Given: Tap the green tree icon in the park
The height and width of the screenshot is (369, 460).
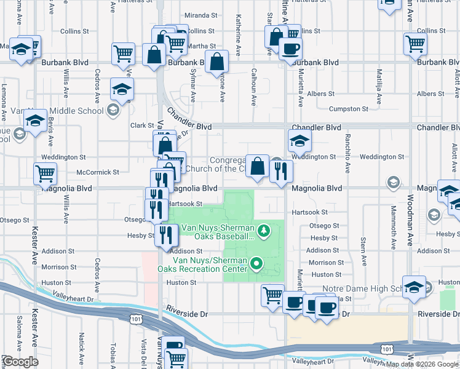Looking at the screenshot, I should (x=264, y=231).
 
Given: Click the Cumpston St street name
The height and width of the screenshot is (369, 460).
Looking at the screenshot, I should (x=348, y=109).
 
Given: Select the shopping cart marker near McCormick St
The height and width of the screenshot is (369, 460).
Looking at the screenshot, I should (x=46, y=173).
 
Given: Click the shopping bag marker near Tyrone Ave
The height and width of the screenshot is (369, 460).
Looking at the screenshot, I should (x=217, y=61).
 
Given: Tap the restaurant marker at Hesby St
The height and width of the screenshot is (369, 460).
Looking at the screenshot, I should (x=166, y=234).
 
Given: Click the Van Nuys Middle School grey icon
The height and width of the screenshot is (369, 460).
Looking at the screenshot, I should (x=113, y=111).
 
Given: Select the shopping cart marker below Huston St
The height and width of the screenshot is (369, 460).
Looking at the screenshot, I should (x=272, y=295).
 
